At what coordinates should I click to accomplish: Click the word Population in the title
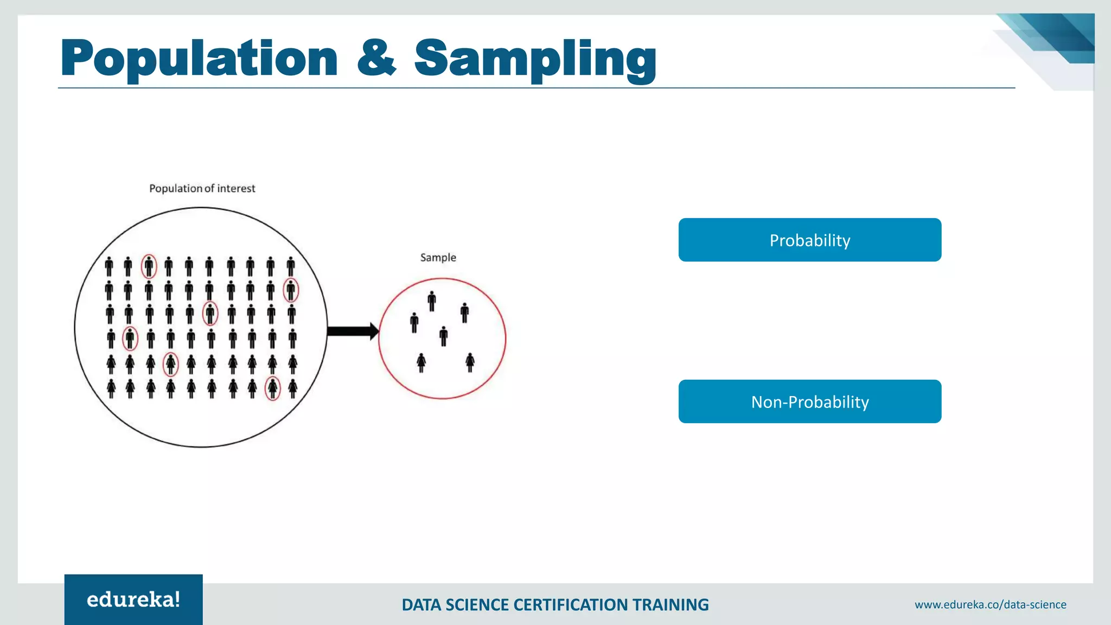pyautogui.click(x=199, y=59)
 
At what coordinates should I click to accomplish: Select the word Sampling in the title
pyautogui.click(x=535, y=59)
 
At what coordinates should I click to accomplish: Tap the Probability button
pyautogui.click(x=809, y=240)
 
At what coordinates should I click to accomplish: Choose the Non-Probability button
pyautogui.click(x=809, y=401)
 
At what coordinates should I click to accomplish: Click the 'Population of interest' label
pyautogui.click(x=202, y=188)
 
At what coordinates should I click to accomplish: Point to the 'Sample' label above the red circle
pyautogui.click(x=438, y=257)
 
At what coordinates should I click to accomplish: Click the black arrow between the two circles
pyautogui.click(x=352, y=331)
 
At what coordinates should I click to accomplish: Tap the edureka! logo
pyautogui.click(x=133, y=600)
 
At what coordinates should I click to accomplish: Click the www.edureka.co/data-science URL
pyautogui.click(x=990, y=604)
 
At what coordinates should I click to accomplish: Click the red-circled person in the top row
pyautogui.click(x=149, y=266)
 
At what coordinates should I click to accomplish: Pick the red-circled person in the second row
pyautogui.click(x=291, y=290)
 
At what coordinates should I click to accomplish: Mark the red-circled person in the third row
pyautogui.click(x=210, y=314)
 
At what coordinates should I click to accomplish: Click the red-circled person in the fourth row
pyautogui.click(x=130, y=339)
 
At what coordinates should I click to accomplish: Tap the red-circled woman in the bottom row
pyautogui.click(x=272, y=388)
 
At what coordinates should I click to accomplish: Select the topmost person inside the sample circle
pyautogui.click(x=432, y=301)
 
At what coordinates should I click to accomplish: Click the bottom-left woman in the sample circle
pyautogui.click(x=422, y=362)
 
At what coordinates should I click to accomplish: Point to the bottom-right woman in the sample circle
pyautogui.click(x=470, y=362)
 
